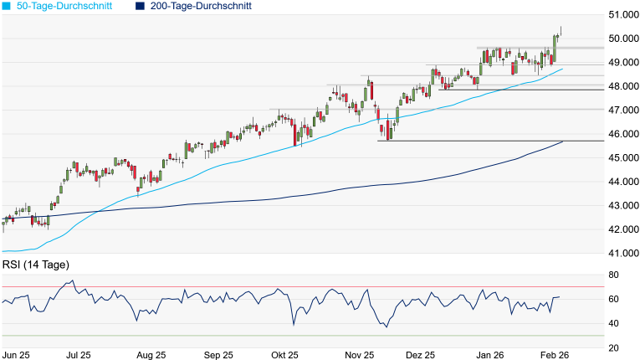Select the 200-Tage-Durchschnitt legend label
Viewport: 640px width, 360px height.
tap(201, 6)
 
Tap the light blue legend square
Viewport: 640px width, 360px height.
tap(7, 6)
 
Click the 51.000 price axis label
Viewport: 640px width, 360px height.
tap(622, 14)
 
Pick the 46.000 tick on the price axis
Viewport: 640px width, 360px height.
tap(622, 134)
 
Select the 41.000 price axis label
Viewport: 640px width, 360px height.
tap(622, 253)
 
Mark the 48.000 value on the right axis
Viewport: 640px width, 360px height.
tap(622, 86)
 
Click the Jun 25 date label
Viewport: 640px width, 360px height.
tap(17, 355)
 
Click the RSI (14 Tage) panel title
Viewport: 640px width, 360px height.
tap(35, 265)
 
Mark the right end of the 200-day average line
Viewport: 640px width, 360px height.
tap(562, 141)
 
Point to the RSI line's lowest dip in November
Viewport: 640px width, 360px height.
tap(386, 327)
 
